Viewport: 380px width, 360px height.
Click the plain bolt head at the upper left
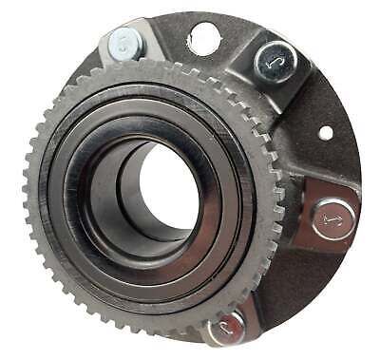(x=124, y=44)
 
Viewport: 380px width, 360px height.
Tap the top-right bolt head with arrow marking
(x=275, y=61)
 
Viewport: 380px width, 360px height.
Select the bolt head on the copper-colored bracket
(x=333, y=219)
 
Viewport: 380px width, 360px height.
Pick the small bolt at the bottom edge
(x=226, y=328)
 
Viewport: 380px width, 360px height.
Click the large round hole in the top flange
(x=203, y=38)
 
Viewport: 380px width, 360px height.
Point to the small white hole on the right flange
(x=326, y=133)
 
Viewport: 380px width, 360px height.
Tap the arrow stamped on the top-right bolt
(x=275, y=61)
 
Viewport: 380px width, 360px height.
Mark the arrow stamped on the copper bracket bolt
(x=333, y=219)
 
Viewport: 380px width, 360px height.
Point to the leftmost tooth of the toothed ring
(x=28, y=190)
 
